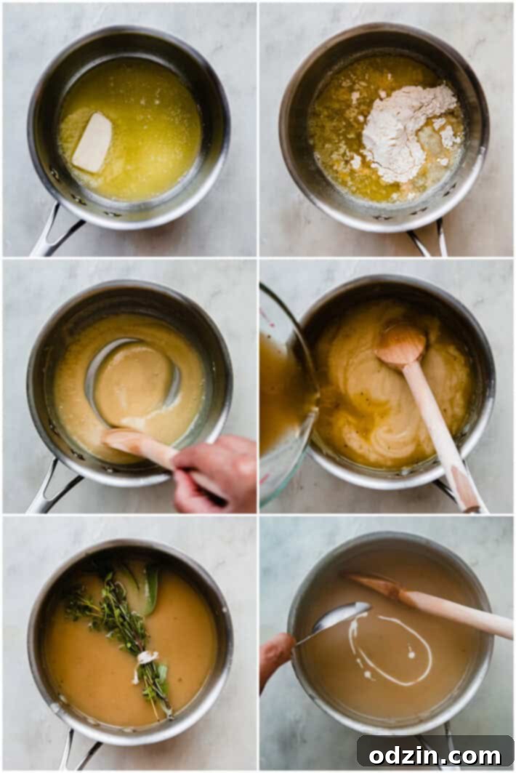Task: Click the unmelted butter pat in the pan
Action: tap(92, 143)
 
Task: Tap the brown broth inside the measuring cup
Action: tap(280, 393)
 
